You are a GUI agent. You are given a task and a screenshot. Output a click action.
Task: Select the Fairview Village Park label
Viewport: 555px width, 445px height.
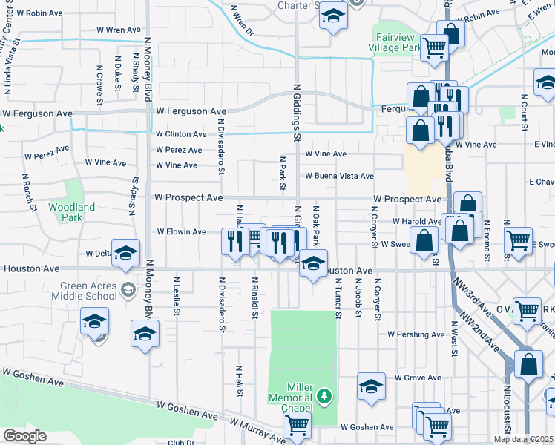click(395, 43)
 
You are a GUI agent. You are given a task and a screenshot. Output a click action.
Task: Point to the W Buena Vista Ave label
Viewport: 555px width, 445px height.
click(339, 177)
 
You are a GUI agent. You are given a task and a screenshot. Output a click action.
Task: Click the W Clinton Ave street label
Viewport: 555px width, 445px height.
click(181, 134)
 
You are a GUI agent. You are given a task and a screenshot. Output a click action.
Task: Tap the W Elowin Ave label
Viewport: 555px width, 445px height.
click(181, 232)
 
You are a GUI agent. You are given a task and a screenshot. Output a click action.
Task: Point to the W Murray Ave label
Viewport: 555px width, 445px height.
click(257, 430)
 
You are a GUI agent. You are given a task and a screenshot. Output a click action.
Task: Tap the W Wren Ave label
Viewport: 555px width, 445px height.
click(118, 30)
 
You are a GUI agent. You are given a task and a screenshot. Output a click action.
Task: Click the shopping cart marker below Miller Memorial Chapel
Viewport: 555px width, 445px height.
click(297, 425)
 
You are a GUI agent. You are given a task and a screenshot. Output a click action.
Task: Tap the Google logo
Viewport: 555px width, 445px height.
click(24, 436)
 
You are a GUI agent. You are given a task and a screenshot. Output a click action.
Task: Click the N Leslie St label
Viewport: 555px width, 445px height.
click(177, 296)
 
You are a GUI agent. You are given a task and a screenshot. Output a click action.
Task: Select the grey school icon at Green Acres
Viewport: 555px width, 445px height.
click(128, 289)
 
